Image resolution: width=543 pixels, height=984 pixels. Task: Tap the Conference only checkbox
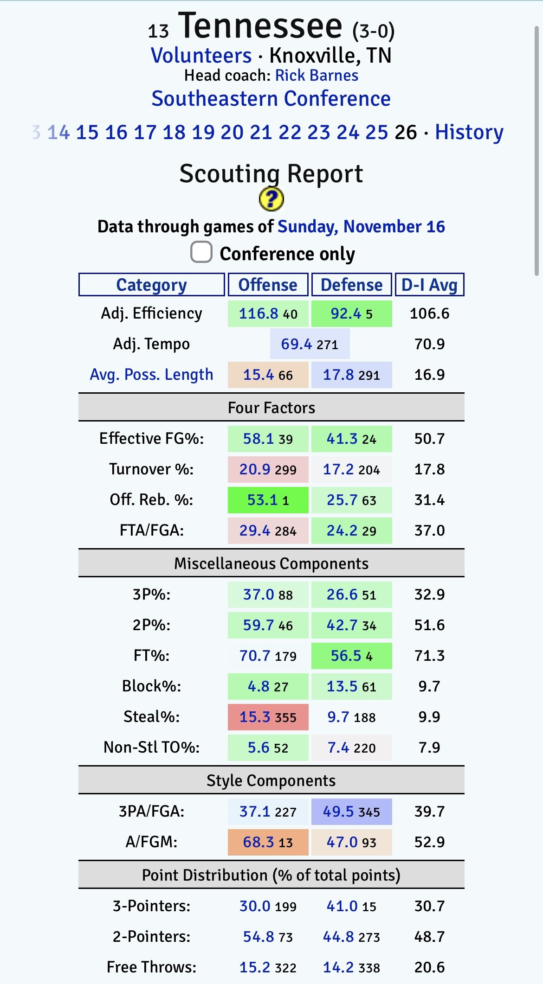(201, 252)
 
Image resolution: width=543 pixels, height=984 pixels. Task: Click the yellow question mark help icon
(271, 200)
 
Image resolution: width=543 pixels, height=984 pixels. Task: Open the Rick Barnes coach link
(317, 76)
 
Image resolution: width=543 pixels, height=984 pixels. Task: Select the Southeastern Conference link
(271, 99)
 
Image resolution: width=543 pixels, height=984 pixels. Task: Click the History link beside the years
(469, 133)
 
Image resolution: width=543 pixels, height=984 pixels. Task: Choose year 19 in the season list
(203, 133)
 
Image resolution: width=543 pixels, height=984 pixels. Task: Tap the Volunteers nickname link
(201, 56)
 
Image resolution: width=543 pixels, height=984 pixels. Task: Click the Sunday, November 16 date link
(361, 227)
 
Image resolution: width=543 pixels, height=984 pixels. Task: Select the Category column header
(151, 285)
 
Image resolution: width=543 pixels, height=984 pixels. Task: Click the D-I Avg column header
(429, 285)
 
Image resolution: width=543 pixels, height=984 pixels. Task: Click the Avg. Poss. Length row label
(151, 375)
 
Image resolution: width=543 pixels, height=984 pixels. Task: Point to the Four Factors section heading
(271, 408)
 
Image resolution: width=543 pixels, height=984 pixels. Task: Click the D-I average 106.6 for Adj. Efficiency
(429, 313)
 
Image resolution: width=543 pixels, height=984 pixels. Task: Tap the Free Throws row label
(151, 967)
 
